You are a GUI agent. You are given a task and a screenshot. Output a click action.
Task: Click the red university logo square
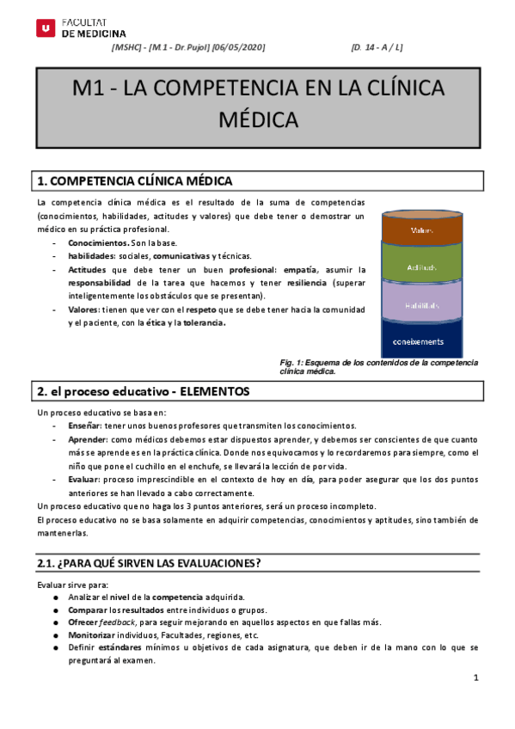[x=45, y=28]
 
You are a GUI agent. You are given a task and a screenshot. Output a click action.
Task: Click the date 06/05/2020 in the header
[x=242, y=46]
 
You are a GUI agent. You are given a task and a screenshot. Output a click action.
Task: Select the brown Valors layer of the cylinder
[x=422, y=230]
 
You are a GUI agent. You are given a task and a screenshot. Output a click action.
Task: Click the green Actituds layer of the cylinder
[x=422, y=267]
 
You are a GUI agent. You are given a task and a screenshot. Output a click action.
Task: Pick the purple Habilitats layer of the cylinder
[x=422, y=305]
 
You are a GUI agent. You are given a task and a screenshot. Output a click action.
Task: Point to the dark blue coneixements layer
[x=422, y=342]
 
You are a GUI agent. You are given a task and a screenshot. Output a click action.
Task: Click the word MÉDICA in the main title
[x=258, y=119]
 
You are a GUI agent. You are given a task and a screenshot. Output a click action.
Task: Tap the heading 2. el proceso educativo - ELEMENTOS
[x=143, y=391]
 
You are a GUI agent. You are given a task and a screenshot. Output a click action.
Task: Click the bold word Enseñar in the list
[x=85, y=425]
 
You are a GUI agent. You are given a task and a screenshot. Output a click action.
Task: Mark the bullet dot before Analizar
[x=56, y=597]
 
